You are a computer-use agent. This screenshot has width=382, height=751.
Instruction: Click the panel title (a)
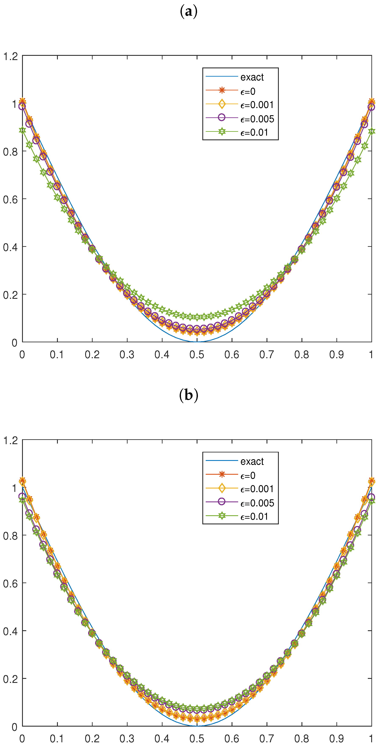tap(189, 12)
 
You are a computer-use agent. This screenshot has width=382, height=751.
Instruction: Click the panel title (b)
tap(189, 395)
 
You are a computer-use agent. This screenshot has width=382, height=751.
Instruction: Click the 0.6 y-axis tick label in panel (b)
tap(10, 583)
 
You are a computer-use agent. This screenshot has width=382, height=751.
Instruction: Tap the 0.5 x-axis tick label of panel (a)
tap(197, 355)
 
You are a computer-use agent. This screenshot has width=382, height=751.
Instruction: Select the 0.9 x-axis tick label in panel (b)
tap(337, 738)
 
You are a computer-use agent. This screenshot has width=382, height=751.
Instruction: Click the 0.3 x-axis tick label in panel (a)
tap(127, 355)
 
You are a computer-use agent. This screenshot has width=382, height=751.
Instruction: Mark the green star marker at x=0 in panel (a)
tap(22, 130)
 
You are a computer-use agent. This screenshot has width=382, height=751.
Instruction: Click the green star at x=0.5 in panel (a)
tap(197, 317)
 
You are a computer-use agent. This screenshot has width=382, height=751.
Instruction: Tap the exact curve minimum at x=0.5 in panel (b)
tap(197, 726)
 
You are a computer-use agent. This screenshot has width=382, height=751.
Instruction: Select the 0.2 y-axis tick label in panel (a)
tap(10, 295)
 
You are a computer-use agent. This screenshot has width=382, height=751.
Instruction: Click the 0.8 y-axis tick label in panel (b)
tap(10, 536)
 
